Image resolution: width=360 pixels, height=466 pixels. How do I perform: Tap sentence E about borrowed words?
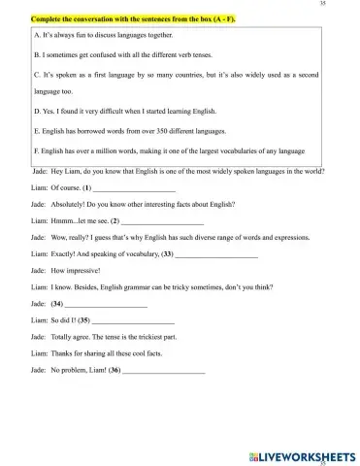pyautogui.click(x=144, y=131)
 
